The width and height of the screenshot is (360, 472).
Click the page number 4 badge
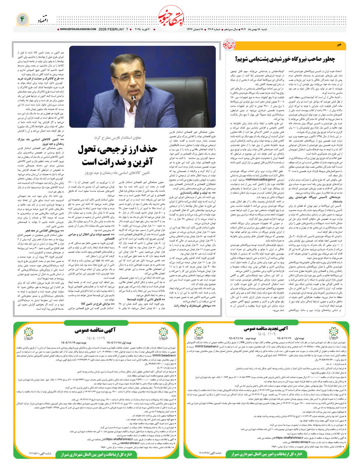point(22,18)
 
